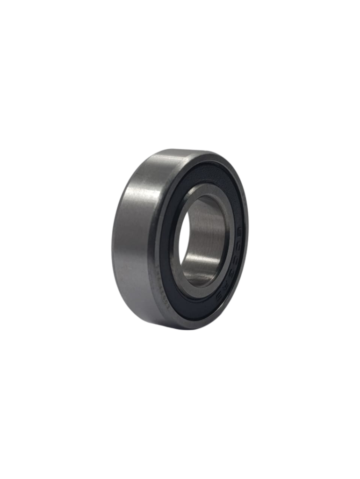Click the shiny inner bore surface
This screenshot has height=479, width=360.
click(206, 234)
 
